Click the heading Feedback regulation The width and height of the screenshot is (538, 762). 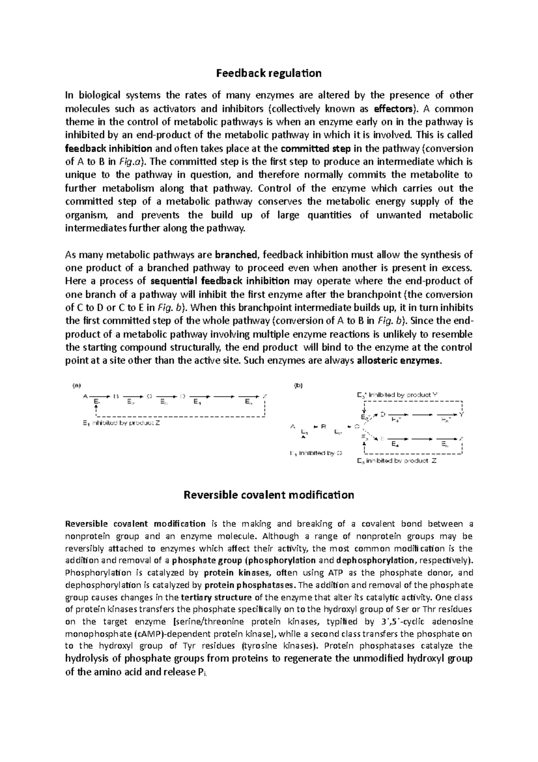269,73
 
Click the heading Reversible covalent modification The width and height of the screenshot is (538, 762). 269,495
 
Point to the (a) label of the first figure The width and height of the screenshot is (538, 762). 77,385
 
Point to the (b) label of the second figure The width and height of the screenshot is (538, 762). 298,385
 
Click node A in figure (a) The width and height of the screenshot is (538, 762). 85,396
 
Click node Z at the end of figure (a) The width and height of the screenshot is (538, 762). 265,396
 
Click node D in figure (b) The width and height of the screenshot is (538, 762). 382,415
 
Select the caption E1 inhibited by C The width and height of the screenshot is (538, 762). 316,453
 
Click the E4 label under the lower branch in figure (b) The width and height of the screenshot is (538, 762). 395,445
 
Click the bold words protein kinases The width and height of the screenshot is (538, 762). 226,573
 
